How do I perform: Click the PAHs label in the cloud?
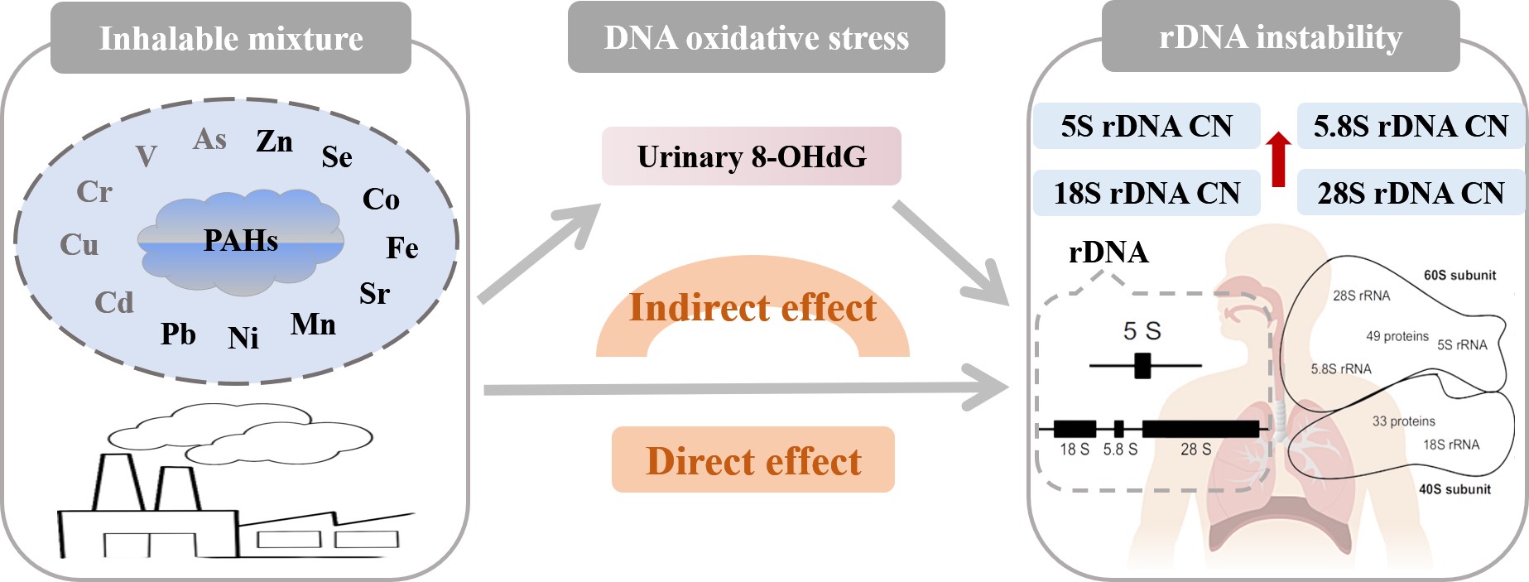(x=240, y=240)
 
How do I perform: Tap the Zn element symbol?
(x=274, y=142)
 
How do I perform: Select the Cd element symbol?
(x=113, y=302)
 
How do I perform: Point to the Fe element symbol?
(x=402, y=248)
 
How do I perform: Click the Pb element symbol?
(x=178, y=334)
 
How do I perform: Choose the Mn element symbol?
(x=313, y=324)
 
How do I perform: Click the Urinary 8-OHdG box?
(x=751, y=156)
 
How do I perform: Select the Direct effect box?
(x=752, y=460)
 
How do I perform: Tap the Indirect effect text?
(x=752, y=307)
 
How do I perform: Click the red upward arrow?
(x=1278, y=158)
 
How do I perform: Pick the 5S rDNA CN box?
(x=1147, y=126)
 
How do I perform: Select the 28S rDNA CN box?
(x=1411, y=193)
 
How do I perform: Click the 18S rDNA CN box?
(x=1147, y=193)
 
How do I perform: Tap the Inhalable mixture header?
(x=231, y=38)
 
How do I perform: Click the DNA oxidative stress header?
(x=756, y=37)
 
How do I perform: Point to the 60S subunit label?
(x=1459, y=275)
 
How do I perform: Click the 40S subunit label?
(x=1454, y=488)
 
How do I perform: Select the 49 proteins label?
(x=1397, y=336)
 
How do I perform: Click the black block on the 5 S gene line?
(x=1142, y=365)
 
